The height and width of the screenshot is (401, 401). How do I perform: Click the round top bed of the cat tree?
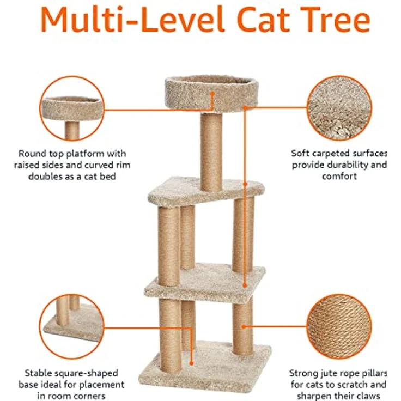(x=211, y=93)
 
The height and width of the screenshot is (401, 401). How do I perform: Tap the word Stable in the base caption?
(x=38, y=373)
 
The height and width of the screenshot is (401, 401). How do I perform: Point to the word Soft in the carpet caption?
(x=301, y=153)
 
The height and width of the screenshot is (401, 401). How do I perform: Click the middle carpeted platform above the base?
(x=205, y=281)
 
